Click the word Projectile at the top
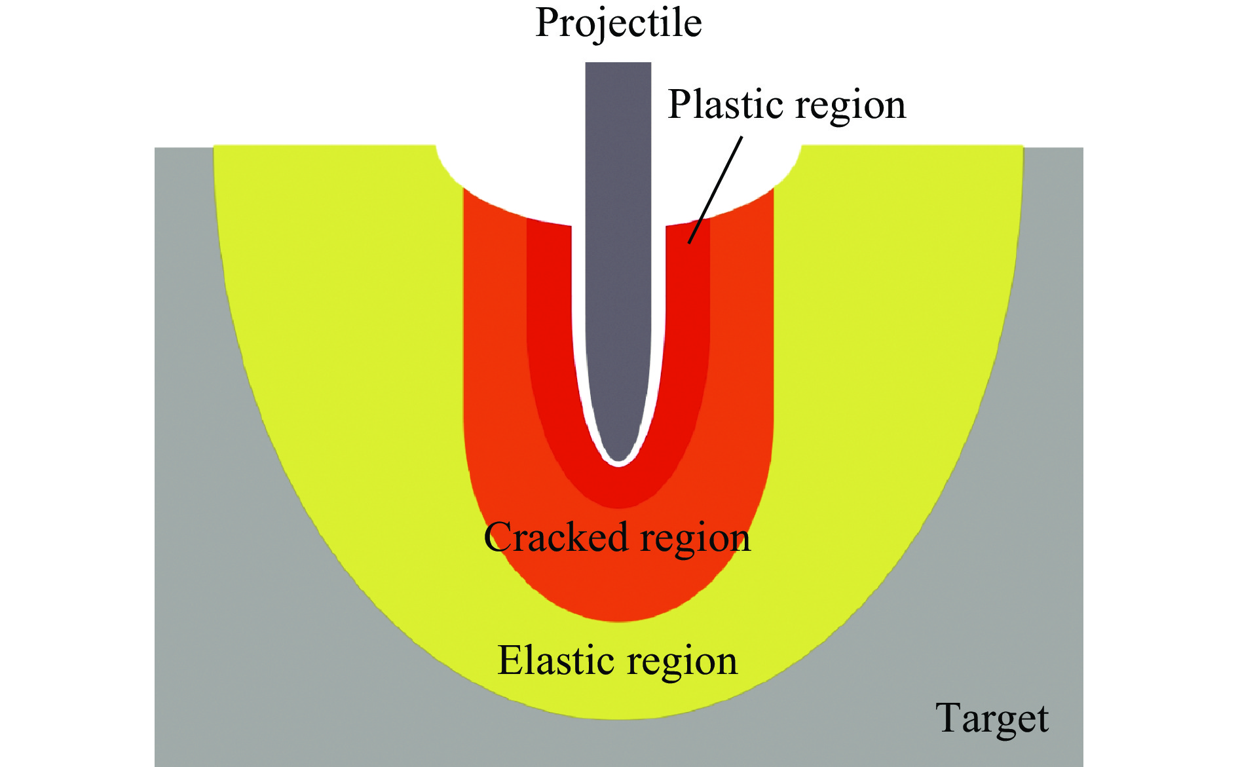[x=618, y=25]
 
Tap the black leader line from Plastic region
[x=715, y=190]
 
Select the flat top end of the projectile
[x=618, y=64]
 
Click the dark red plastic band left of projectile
[x=549, y=327]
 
